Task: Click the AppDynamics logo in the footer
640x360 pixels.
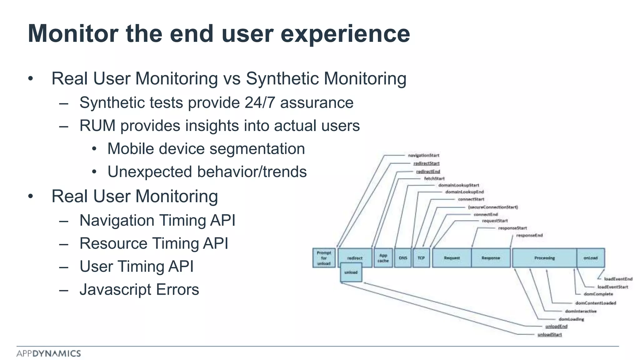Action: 49,353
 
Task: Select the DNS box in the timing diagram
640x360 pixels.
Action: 403,258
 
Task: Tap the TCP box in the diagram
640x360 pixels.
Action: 421,258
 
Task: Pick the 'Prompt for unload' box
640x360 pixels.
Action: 324,258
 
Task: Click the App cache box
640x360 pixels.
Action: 383,258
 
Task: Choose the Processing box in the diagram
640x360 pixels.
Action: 544,258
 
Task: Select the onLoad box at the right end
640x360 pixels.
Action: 590,258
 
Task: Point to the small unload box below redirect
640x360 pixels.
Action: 351,272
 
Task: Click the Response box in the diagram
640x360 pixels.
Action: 491,258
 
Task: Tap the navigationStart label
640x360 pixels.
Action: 423,155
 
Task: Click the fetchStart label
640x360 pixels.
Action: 434,178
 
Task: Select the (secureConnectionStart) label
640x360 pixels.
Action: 493,207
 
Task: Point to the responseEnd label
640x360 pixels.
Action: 529,235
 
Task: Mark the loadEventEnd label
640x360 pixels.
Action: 618,279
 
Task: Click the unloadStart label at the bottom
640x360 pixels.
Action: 549,334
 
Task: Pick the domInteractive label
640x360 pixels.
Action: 581,311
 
